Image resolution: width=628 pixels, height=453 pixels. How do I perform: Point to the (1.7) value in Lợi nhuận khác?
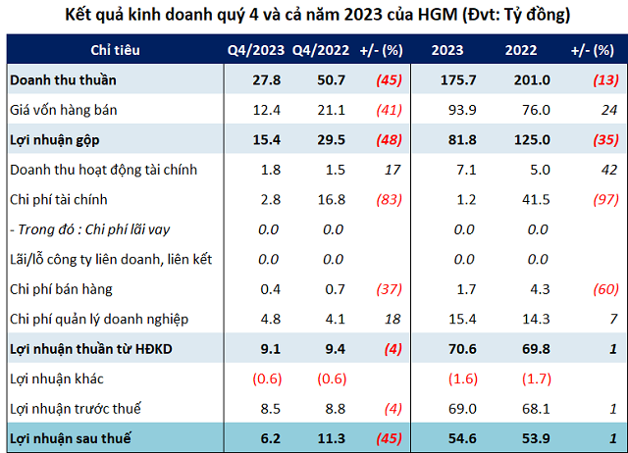520,378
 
